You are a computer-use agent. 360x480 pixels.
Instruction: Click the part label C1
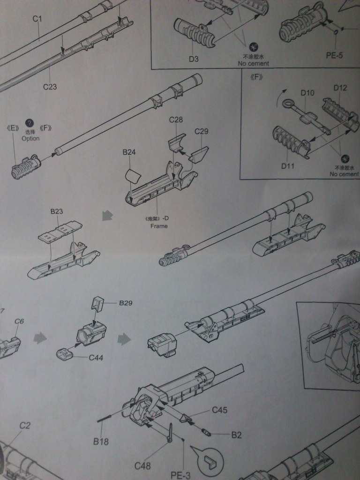[37, 19]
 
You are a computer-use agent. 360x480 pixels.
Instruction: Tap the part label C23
[50, 87]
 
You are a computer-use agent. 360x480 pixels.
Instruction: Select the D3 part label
[194, 59]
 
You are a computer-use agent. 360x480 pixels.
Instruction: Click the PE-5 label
[334, 55]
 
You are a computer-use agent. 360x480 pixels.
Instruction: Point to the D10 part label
[307, 92]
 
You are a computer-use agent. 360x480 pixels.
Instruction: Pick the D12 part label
[340, 88]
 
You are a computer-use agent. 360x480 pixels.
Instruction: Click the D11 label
[288, 165]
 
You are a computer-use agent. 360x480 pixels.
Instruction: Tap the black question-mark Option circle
[30, 123]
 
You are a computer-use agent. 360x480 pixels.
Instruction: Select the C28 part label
[176, 120]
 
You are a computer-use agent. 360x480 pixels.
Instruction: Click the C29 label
[201, 131]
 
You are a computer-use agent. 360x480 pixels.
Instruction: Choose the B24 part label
[129, 152]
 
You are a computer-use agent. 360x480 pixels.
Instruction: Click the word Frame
[158, 226]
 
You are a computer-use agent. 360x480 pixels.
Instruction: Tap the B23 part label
[56, 211]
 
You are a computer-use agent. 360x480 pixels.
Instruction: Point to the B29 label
[126, 303]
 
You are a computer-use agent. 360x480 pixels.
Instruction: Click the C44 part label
[96, 358]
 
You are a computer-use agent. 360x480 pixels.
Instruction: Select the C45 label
[219, 410]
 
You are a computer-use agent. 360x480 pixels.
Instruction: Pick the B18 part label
[101, 441]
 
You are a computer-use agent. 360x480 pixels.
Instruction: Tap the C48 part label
[142, 465]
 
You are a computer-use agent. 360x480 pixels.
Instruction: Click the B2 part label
[236, 435]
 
